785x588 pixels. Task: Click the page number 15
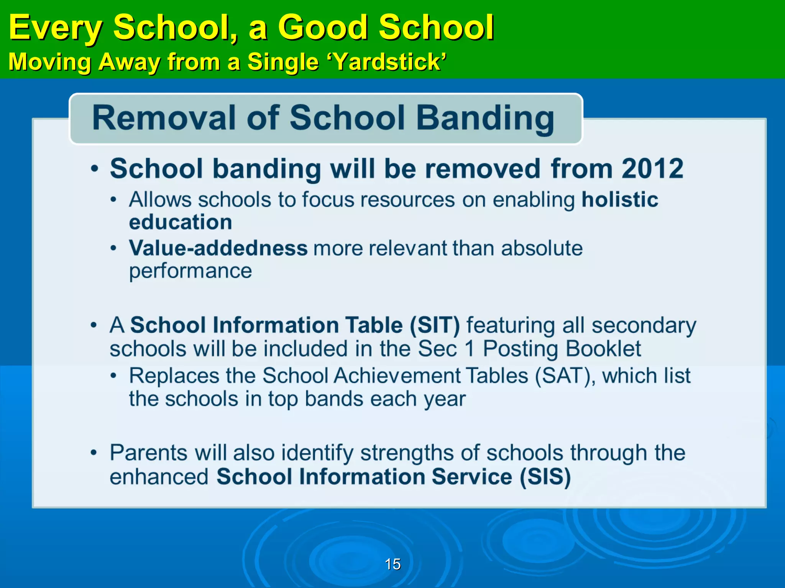(x=392, y=564)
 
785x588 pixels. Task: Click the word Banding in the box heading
(x=485, y=119)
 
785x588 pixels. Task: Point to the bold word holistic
(x=620, y=199)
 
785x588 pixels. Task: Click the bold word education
(x=181, y=222)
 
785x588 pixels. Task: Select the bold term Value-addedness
(x=218, y=248)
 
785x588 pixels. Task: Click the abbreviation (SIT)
(x=434, y=325)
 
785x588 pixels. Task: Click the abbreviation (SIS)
(x=545, y=477)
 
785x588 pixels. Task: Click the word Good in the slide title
(x=322, y=28)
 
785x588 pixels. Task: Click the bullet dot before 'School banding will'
(x=94, y=168)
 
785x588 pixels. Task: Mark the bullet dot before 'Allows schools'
(x=113, y=199)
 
